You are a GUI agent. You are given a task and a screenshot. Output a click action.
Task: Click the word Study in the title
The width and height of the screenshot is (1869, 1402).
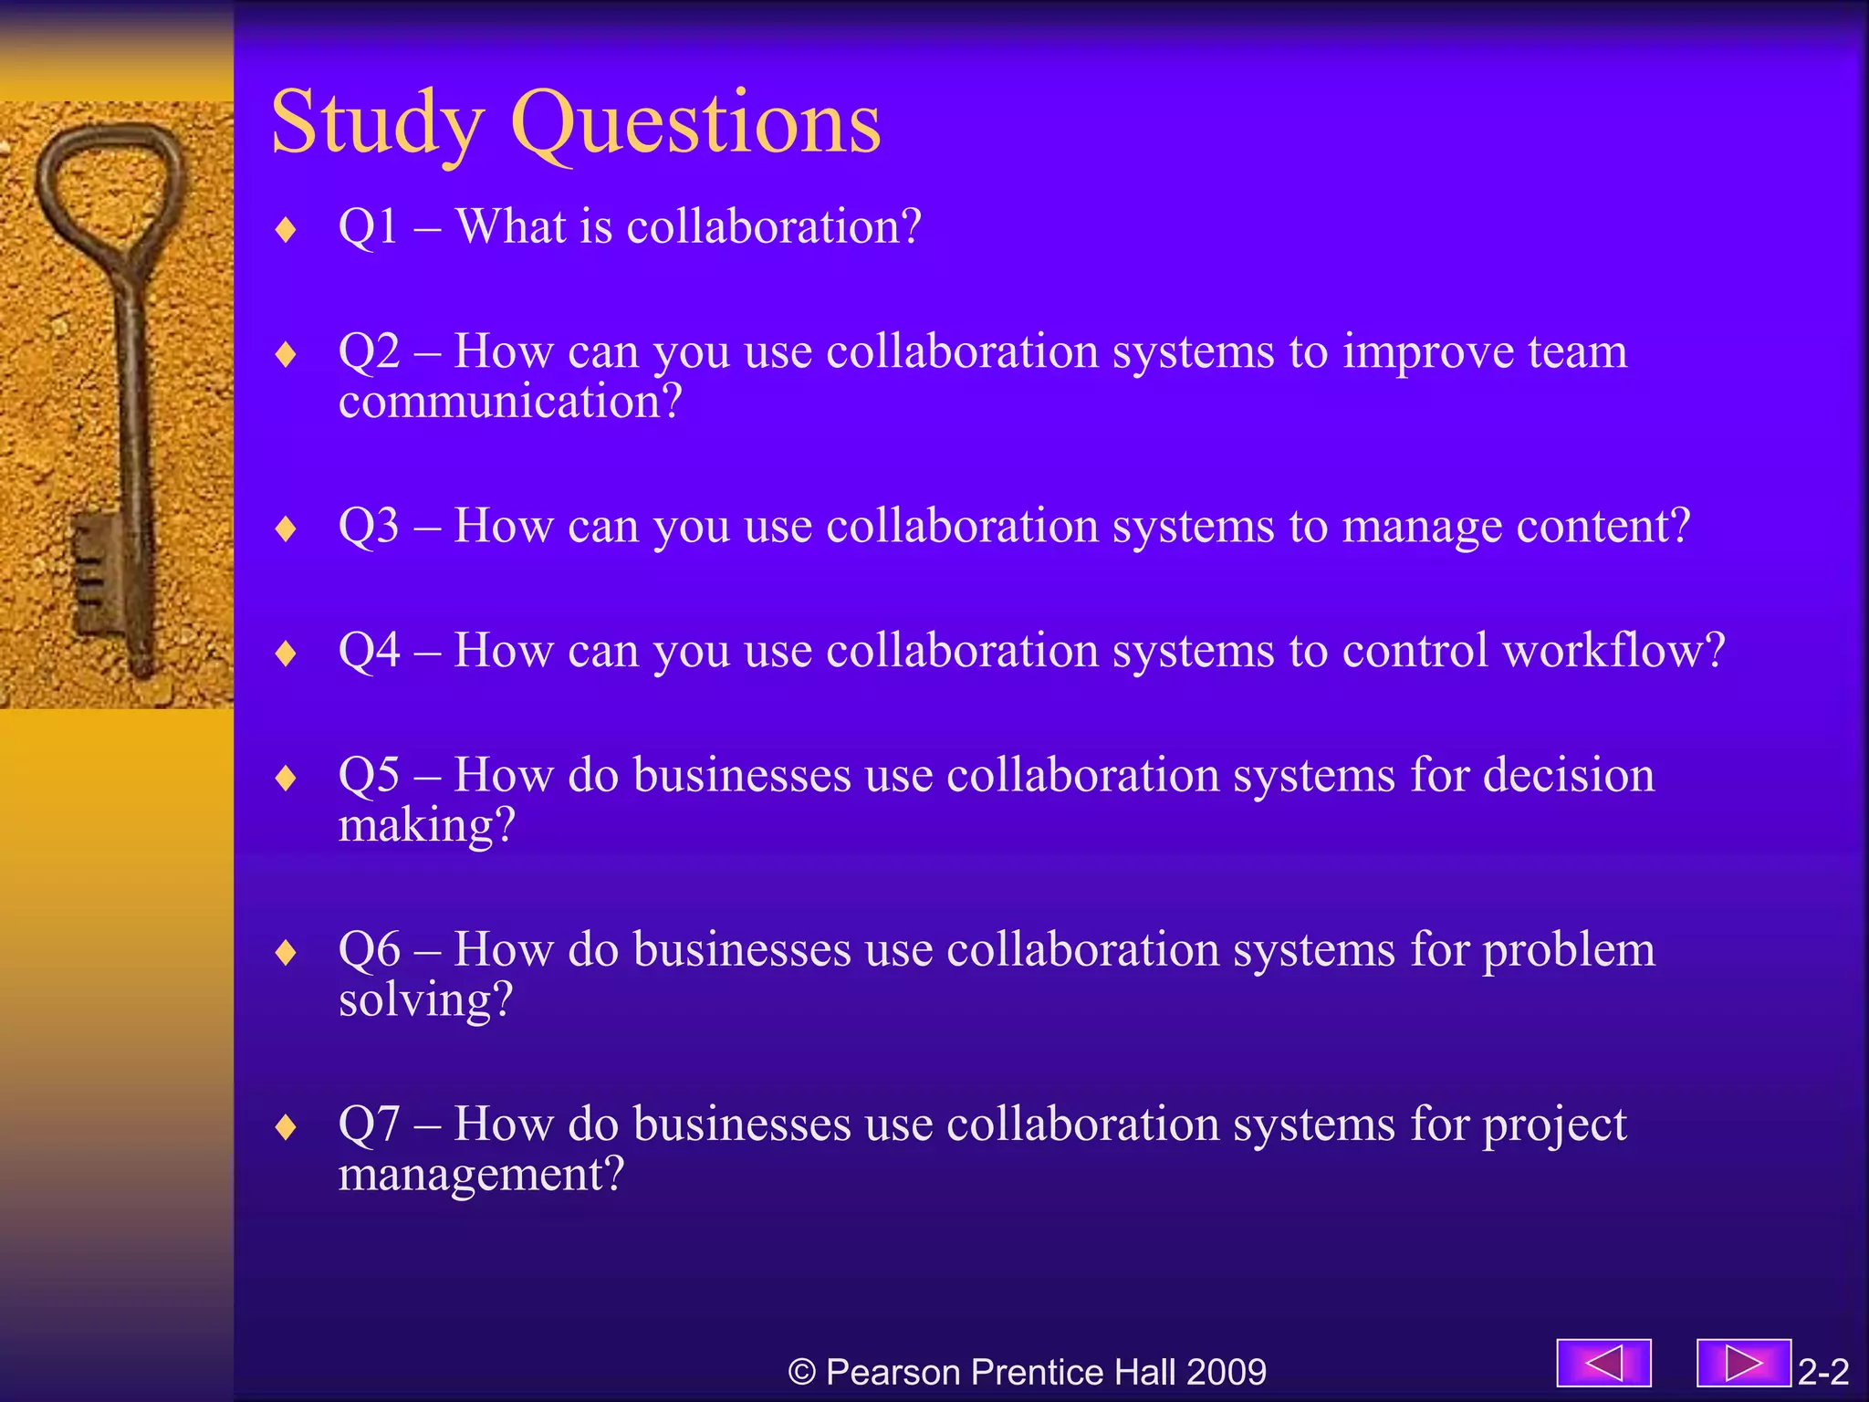[376, 123]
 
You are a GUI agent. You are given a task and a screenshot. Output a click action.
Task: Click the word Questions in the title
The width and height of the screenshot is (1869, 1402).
[695, 123]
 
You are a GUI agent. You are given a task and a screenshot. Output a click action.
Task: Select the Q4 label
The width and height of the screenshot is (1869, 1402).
[369, 650]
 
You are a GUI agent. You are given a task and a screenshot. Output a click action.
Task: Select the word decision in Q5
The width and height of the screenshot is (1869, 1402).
[1568, 775]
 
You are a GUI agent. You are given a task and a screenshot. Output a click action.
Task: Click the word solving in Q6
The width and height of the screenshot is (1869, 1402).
[425, 999]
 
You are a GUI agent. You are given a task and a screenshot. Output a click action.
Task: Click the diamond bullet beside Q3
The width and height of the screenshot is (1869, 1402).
[287, 528]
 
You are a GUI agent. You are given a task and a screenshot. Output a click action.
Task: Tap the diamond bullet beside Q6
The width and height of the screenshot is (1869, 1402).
[287, 952]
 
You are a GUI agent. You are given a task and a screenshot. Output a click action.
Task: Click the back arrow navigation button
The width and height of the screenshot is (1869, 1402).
[1603, 1364]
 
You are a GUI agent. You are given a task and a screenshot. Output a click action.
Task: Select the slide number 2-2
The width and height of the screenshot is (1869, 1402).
[1822, 1372]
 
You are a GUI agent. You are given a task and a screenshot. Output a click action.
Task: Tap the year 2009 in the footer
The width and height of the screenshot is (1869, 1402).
[1227, 1372]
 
